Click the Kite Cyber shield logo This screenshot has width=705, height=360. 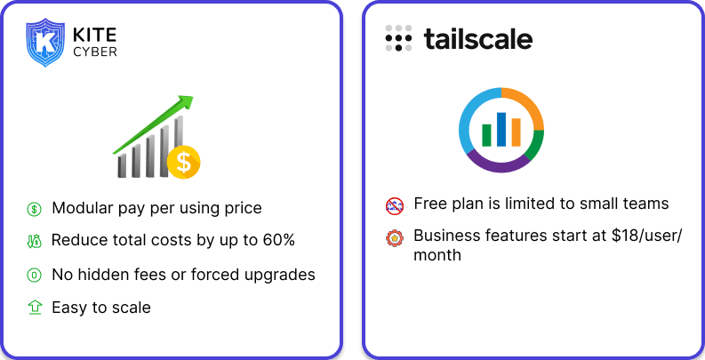point(45,43)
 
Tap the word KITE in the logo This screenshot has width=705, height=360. point(95,35)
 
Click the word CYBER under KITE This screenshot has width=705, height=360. point(95,52)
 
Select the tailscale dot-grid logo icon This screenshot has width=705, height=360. point(398,38)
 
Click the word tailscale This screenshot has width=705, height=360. point(478,38)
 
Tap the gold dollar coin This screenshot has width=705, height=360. point(183,162)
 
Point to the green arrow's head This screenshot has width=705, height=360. point(185,101)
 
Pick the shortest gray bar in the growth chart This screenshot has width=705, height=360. point(122,165)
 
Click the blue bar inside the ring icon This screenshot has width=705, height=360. point(501,130)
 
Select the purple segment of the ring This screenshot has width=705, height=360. point(498,164)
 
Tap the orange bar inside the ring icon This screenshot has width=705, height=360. point(517,132)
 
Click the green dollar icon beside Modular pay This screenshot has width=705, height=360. point(34,209)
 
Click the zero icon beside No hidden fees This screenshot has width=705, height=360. point(34,275)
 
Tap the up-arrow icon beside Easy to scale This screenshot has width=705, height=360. point(34,308)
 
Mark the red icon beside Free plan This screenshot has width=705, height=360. point(395,205)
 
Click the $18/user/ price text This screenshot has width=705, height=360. point(646,236)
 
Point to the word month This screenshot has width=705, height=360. point(437,255)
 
